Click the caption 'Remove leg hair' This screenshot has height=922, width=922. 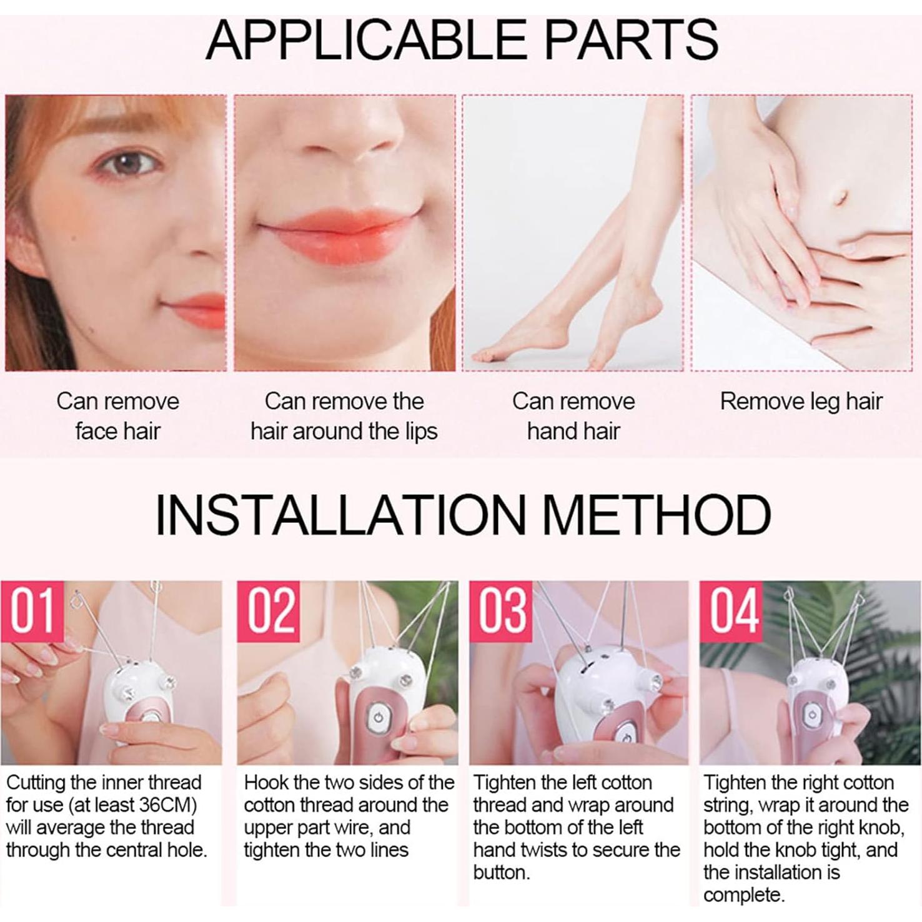(801, 402)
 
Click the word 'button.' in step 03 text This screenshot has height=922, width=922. (502, 873)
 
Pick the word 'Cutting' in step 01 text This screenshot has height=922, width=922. (35, 783)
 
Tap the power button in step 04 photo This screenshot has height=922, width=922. (811, 715)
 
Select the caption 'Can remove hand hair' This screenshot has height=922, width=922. (573, 416)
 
